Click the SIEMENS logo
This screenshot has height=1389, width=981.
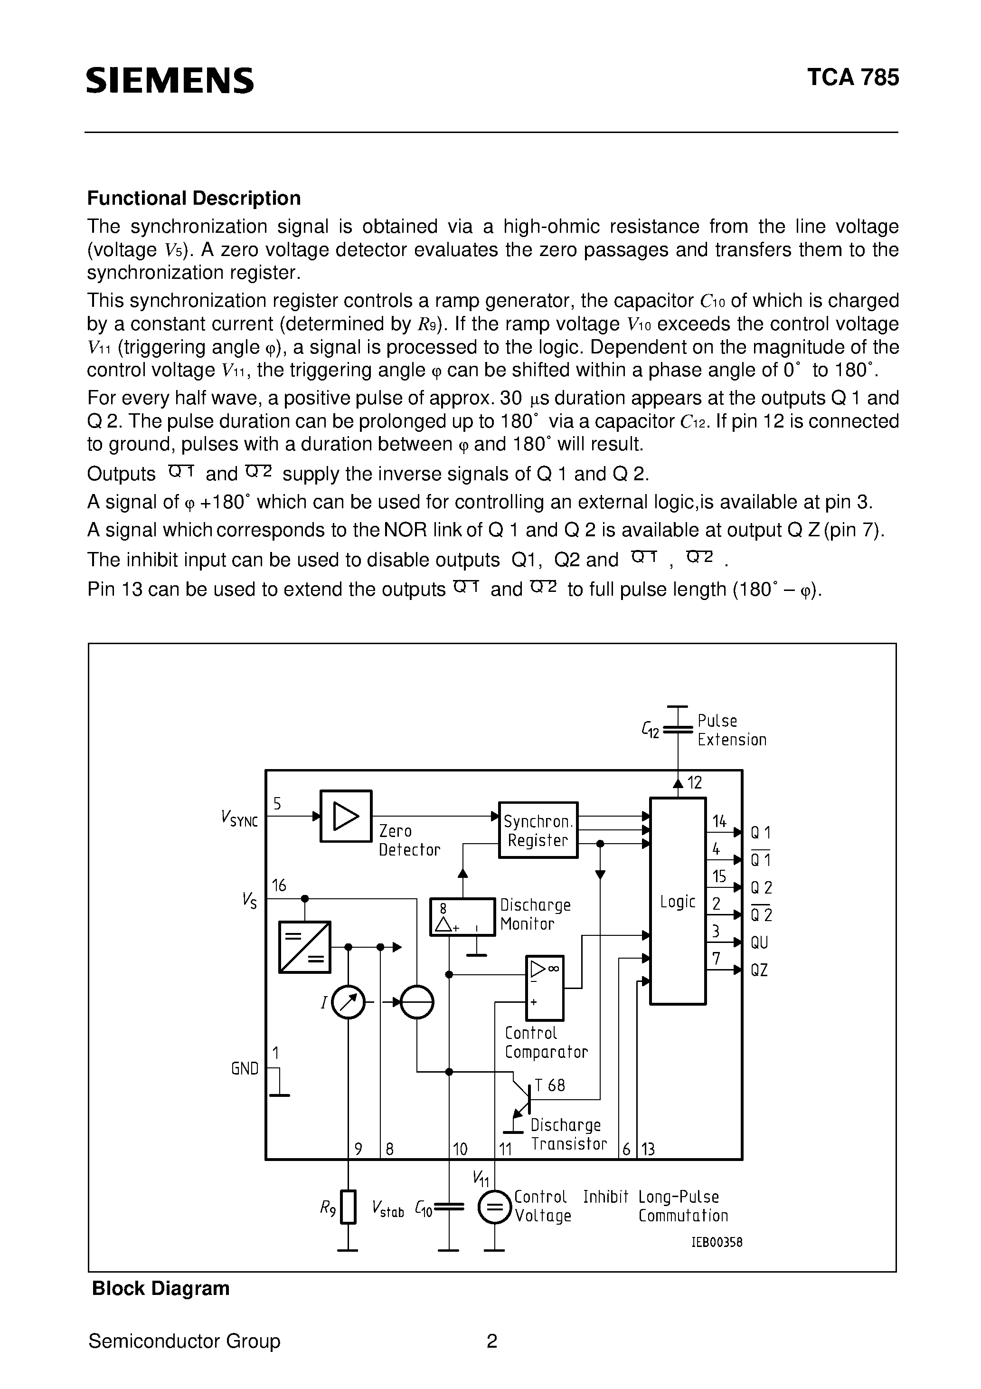click(x=170, y=80)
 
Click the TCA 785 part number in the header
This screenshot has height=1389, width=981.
click(x=853, y=77)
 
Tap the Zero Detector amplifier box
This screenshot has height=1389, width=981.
click(x=345, y=816)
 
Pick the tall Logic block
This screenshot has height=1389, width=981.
click(x=678, y=902)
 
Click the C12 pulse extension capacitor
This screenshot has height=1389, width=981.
click(x=678, y=730)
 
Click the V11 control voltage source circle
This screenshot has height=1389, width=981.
click(x=495, y=1208)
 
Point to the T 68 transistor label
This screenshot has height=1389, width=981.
click(x=549, y=1085)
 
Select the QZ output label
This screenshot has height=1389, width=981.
click(x=759, y=970)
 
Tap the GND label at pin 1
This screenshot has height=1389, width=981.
click(x=245, y=1069)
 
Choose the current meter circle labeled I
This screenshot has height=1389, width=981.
click(x=349, y=1002)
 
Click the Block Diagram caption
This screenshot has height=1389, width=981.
click(x=160, y=1289)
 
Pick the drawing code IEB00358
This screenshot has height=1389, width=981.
click(x=717, y=1243)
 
